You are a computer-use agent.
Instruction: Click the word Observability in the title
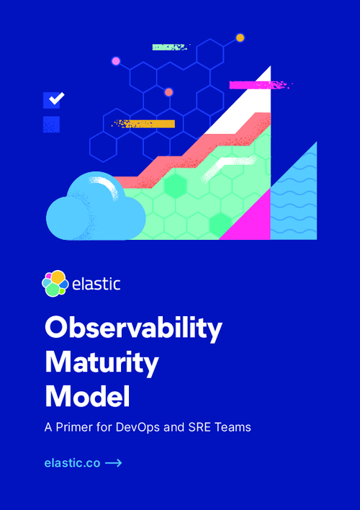(x=133, y=328)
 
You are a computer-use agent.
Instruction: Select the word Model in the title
(x=87, y=396)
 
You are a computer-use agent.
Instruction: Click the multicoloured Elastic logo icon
(x=55, y=283)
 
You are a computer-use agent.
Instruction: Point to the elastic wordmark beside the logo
(x=96, y=284)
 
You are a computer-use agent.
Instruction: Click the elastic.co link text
(x=72, y=463)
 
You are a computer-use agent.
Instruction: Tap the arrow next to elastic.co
(x=114, y=463)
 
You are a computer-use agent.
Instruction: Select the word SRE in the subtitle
(x=199, y=427)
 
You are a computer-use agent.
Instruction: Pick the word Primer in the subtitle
(x=74, y=427)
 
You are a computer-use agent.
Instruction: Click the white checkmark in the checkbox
(x=57, y=98)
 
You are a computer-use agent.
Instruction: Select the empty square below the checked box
(x=51, y=124)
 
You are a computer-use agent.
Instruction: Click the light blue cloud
(x=96, y=207)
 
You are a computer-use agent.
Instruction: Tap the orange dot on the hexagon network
(x=240, y=37)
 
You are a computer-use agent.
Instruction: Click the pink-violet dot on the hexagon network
(x=116, y=61)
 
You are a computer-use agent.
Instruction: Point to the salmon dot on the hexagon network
(x=168, y=92)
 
